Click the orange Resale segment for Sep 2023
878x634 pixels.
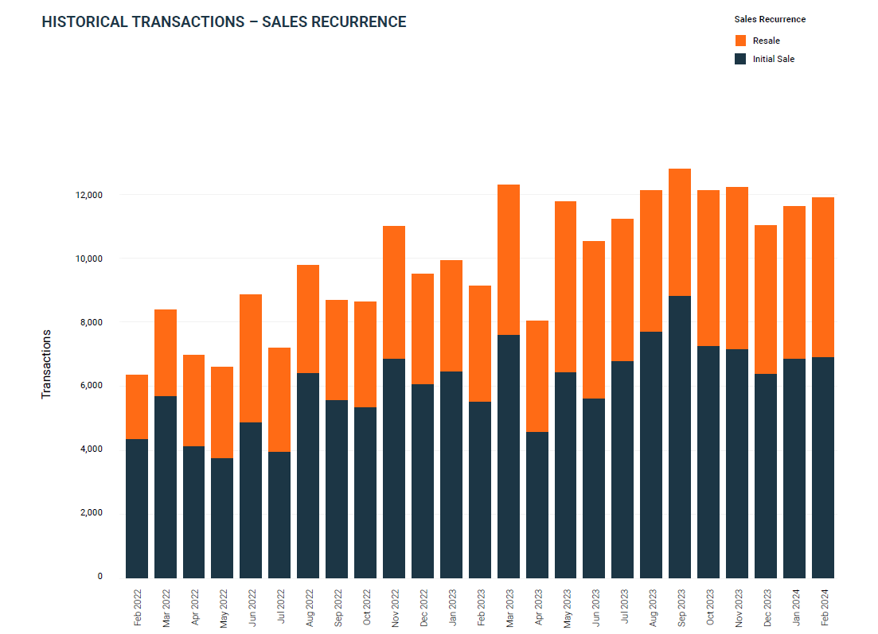[x=680, y=232]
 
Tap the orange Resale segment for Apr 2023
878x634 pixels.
[x=537, y=376]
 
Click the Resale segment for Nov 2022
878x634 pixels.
[x=394, y=292]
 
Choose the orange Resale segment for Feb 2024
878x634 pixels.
[x=823, y=277]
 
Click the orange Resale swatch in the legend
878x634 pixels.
[x=740, y=41]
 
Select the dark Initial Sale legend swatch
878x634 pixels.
[x=740, y=59]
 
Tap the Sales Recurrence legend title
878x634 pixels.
[x=770, y=19]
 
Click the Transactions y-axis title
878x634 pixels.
[x=46, y=364]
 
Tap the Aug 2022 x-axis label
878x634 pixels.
[x=309, y=608]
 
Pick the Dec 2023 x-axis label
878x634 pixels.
[x=767, y=608]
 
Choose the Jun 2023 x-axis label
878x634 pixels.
[x=595, y=608]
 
